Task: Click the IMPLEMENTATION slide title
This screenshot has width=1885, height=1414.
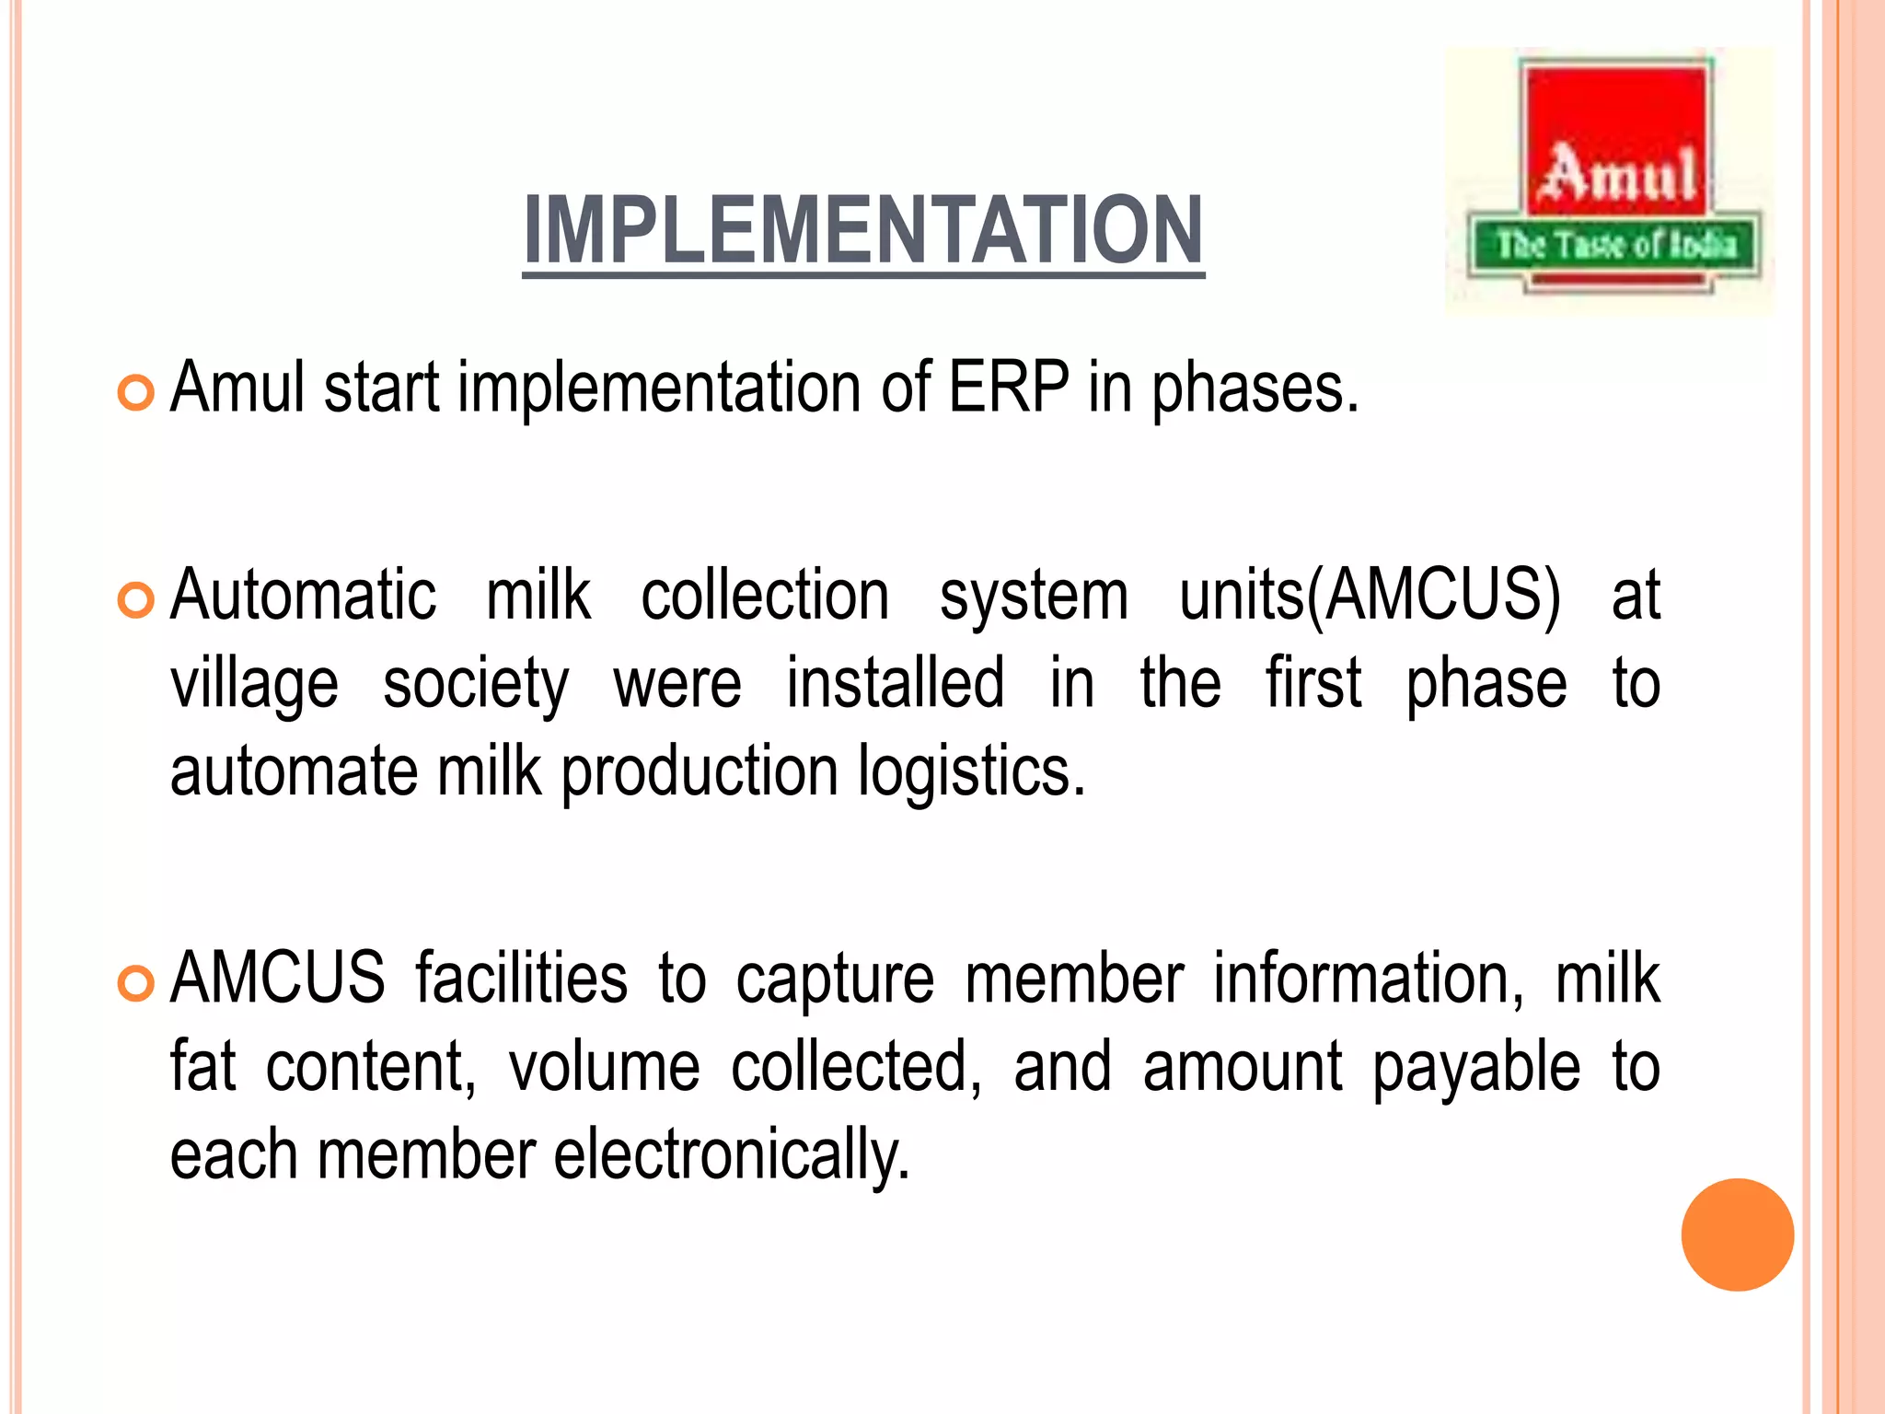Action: click(863, 230)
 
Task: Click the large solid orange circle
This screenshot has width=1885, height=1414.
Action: click(1737, 1234)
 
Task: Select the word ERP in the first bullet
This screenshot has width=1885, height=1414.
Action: click(1009, 387)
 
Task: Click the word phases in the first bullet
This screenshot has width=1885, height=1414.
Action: click(1255, 388)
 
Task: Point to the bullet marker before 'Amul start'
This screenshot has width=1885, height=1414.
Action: click(135, 394)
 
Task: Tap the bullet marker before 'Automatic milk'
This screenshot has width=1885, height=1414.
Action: click(135, 601)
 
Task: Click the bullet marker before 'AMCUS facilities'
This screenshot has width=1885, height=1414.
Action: click(135, 984)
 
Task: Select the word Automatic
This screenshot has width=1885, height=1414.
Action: click(303, 596)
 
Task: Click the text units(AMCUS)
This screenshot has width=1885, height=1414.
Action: click(1370, 596)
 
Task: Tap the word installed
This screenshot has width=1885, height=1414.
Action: click(895, 683)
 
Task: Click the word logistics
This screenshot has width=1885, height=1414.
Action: click(972, 771)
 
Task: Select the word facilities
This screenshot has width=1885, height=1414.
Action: click(521, 978)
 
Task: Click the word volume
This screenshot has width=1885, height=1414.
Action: click(604, 1066)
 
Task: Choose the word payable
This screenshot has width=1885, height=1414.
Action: click(1475, 1068)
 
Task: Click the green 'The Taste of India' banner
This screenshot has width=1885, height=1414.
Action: click(1614, 245)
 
